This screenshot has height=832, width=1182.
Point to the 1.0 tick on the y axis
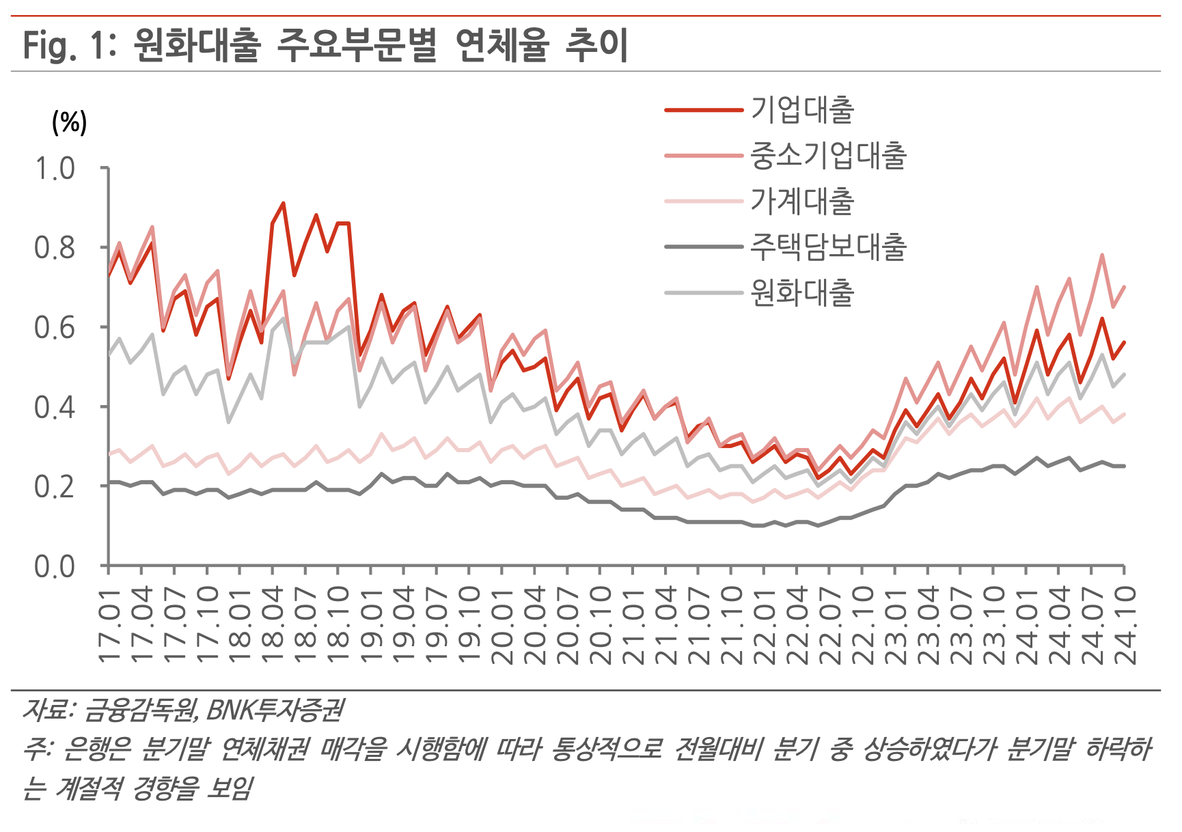pyautogui.click(x=55, y=168)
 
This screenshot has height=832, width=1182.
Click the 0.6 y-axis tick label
pyautogui.click(x=55, y=327)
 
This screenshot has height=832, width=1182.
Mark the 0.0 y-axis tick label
pyautogui.click(x=55, y=566)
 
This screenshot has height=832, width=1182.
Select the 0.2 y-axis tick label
pyautogui.click(x=55, y=486)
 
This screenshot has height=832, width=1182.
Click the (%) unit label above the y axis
pyautogui.click(x=69, y=123)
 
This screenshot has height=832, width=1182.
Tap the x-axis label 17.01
pyautogui.click(x=109, y=625)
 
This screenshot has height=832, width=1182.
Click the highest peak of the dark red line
pyautogui.click(x=283, y=203)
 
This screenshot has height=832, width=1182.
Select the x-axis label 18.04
pyautogui.click(x=273, y=625)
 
